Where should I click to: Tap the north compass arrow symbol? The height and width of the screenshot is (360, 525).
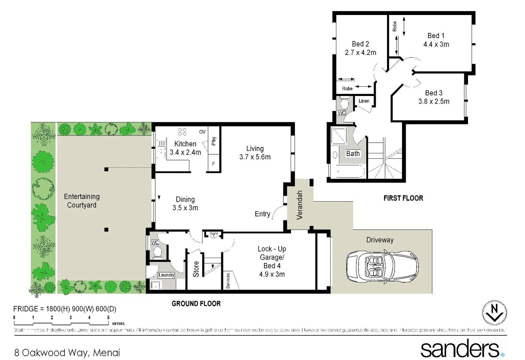pos(494,313)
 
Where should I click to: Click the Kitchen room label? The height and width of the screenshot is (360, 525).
pos(185,144)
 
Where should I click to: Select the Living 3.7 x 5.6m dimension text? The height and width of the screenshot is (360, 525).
pos(255,157)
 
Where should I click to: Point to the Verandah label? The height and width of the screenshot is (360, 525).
pos(300,205)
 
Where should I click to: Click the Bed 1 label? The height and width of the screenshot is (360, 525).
pos(436,36)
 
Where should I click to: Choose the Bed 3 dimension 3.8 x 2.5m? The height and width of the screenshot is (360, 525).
pos(434,101)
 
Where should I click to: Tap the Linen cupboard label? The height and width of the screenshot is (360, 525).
pos(364,101)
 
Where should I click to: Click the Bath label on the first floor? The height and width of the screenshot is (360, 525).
pos(353,154)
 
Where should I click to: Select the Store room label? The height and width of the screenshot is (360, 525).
pos(196,269)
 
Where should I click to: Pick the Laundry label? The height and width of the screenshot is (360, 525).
pos(166,275)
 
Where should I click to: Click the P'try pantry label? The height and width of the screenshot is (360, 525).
pos(214,141)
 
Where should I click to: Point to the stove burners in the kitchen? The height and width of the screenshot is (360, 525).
pos(182,132)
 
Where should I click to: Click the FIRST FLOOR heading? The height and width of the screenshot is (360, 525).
pos(403,198)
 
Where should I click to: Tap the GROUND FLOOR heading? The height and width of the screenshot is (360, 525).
pos(196,304)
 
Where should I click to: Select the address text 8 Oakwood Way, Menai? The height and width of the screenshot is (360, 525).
pos(67,353)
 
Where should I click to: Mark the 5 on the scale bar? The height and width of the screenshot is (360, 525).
pos(108,318)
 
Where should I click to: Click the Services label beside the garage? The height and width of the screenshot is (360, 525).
pos(228,281)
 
